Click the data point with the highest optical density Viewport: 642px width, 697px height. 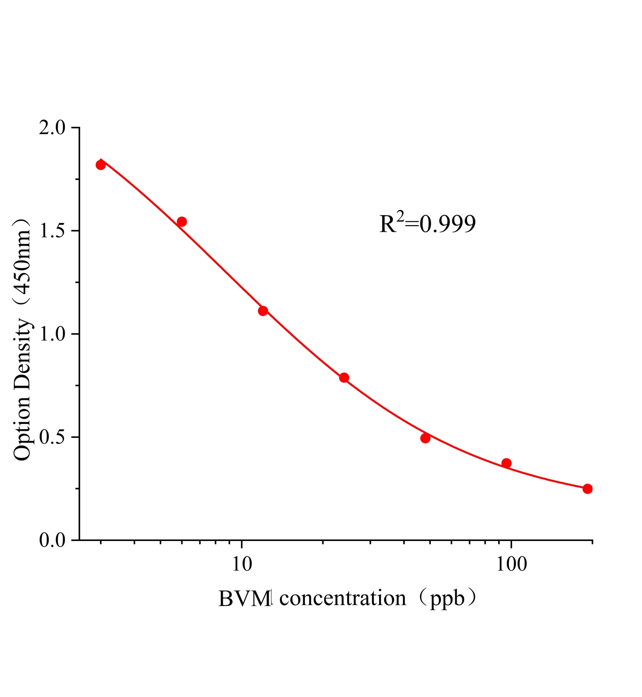coord(101,165)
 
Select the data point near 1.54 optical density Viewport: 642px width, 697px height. coord(182,222)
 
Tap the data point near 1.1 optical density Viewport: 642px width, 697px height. coord(263,311)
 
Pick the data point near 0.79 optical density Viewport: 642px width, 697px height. coord(344,377)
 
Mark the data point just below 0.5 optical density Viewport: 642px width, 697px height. coord(425,438)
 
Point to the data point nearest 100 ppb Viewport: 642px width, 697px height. coord(506,463)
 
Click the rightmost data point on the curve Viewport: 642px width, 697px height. coord(587,489)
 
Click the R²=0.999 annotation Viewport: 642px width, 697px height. coord(427,224)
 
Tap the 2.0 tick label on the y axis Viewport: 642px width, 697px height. coord(52,128)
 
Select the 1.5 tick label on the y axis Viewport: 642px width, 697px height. coord(52,231)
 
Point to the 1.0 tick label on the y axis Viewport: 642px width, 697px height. coord(52,334)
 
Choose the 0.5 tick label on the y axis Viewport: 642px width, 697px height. coord(52,437)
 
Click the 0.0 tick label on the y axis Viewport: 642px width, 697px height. coord(52,540)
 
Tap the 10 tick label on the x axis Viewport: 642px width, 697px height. coord(242,565)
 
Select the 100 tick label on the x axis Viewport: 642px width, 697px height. coord(511,565)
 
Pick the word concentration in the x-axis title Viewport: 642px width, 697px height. coord(343,599)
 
